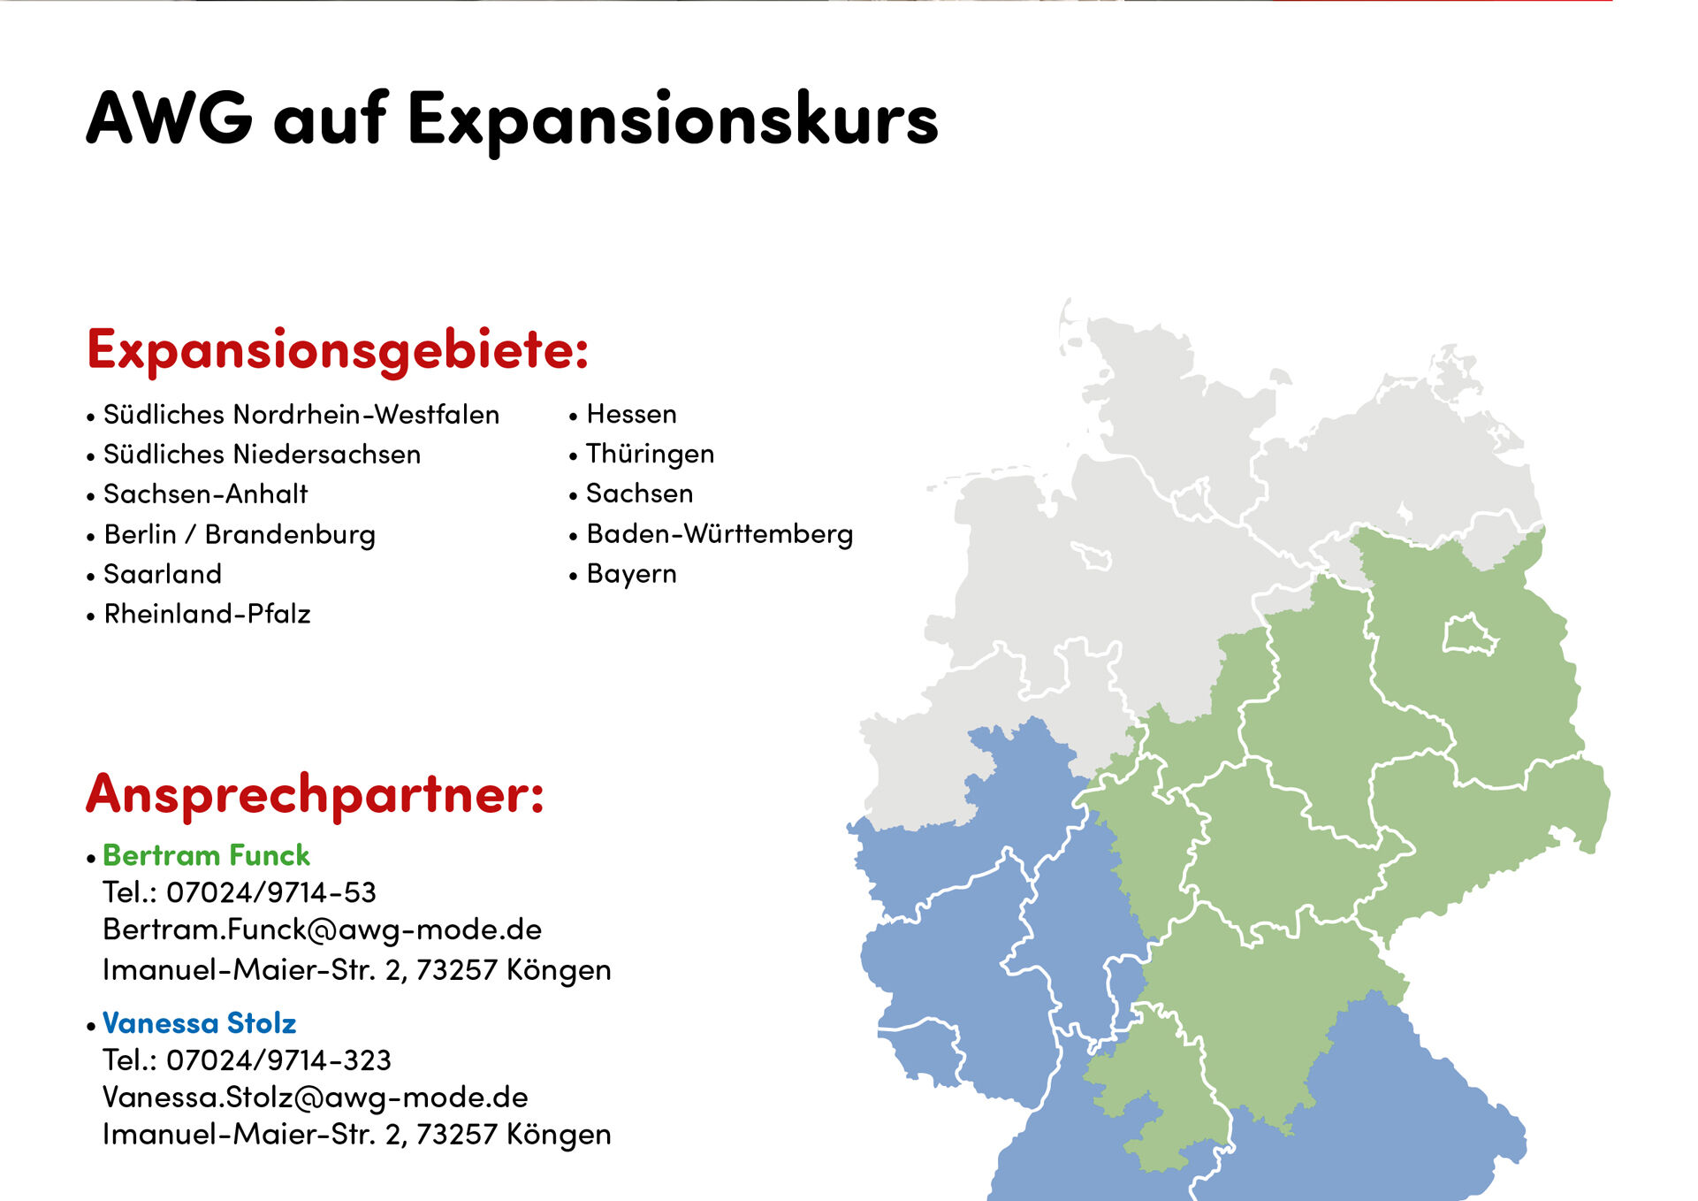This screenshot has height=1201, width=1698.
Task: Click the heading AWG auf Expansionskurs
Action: (513, 120)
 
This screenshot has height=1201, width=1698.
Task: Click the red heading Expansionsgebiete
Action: (338, 350)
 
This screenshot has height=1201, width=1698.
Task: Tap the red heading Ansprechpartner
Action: (315, 794)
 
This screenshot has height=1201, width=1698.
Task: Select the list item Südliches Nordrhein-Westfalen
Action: (301, 414)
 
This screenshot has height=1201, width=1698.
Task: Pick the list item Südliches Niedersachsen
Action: (262, 454)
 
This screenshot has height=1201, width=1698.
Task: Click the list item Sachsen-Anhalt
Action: (205, 493)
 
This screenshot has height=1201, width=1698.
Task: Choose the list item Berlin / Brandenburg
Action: (240, 534)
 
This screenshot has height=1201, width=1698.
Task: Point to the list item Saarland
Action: (163, 574)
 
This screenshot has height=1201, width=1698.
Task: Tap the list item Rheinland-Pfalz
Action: (207, 614)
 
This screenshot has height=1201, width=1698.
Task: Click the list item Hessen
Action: (631, 414)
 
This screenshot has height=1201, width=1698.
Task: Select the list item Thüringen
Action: (650, 454)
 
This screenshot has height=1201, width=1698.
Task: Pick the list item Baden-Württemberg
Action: (720, 534)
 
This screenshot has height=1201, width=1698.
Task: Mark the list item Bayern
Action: (631, 575)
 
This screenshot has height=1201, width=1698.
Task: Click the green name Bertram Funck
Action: (206, 855)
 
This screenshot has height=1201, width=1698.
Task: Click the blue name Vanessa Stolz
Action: (199, 1023)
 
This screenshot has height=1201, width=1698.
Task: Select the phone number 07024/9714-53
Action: (271, 892)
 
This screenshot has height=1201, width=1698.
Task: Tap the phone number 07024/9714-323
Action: (278, 1059)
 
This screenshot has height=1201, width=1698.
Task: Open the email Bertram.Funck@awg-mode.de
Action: (322, 929)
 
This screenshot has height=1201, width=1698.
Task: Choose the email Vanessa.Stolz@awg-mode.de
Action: (316, 1098)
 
